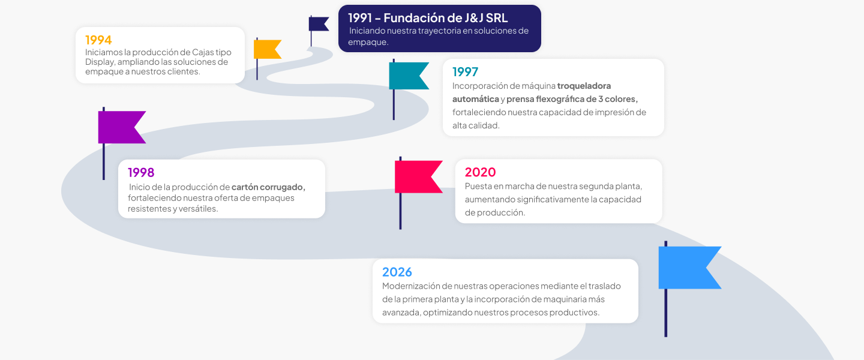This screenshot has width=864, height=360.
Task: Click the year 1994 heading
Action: (x=98, y=40)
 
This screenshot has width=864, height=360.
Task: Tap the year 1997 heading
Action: (x=465, y=72)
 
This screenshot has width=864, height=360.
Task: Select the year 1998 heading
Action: (x=141, y=172)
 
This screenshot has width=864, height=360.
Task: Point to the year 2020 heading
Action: (x=480, y=172)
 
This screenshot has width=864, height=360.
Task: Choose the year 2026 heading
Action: (x=397, y=272)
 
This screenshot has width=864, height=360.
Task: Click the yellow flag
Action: (x=267, y=49)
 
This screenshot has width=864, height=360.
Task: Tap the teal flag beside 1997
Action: (x=409, y=76)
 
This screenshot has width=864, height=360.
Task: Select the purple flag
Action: (x=121, y=127)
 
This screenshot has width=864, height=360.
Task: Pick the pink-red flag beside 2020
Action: (x=418, y=177)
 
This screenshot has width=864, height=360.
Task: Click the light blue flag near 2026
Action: (x=689, y=268)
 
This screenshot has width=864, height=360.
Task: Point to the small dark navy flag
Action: (x=318, y=24)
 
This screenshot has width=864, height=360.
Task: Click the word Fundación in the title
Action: (x=414, y=18)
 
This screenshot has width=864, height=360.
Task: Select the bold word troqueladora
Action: (x=584, y=86)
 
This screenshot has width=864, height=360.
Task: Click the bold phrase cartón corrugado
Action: (x=268, y=187)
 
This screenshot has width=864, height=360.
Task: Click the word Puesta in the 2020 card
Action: (x=478, y=186)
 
